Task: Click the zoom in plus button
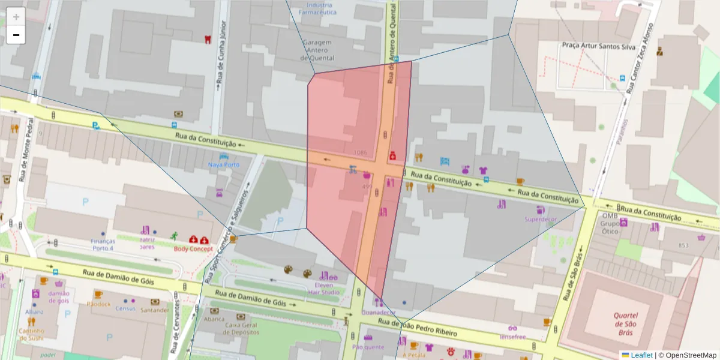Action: (x=16, y=17)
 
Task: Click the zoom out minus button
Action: (x=16, y=35)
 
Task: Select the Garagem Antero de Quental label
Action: (x=318, y=50)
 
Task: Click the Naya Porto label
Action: (x=224, y=164)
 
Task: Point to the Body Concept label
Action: (x=193, y=248)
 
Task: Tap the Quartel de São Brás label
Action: (x=625, y=324)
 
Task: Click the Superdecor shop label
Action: (x=541, y=220)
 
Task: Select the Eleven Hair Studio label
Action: (x=324, y=288)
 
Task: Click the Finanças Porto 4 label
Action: (x=103, y=244)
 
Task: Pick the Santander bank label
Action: (x=154, y=310)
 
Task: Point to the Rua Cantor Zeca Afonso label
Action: (x=638, y=59)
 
